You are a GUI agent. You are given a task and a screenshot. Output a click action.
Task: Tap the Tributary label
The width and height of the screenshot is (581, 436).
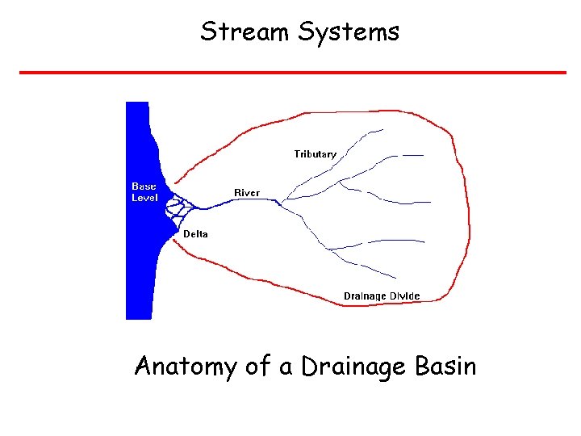coord(316,153)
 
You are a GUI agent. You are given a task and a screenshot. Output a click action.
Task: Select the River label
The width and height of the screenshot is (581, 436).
coord(247,193)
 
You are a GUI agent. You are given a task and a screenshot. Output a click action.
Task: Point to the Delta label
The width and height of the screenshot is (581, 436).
coord(195,234)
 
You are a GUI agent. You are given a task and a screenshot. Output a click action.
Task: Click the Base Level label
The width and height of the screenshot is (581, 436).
coord(145,192)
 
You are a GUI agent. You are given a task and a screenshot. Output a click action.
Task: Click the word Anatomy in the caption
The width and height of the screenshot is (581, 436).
coord(186,367)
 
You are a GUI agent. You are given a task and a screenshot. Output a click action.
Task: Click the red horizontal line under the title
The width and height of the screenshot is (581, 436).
coord(292,73)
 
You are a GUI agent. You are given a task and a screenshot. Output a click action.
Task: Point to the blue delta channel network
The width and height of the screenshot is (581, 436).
coord(176,209)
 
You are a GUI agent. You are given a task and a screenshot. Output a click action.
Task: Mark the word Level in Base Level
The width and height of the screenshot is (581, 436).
coord(145,198)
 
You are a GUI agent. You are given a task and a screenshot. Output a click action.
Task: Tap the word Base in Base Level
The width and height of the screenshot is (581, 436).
coord(144,187)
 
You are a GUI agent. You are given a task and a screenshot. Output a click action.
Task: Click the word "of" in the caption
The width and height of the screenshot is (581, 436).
coord(258,367)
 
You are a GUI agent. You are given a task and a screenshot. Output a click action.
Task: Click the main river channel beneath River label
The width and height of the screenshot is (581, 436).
coord(242,204)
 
